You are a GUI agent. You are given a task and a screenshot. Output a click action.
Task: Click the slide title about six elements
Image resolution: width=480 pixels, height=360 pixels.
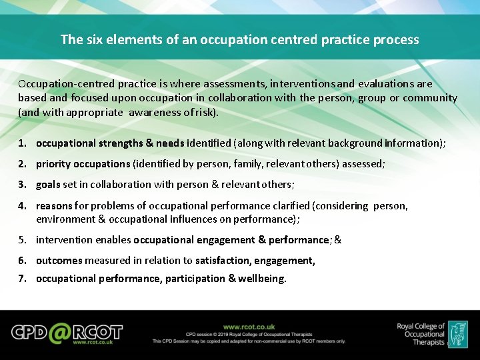tap(240, 39)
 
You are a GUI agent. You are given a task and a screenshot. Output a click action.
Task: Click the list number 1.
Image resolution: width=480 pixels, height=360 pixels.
tap(22, 143)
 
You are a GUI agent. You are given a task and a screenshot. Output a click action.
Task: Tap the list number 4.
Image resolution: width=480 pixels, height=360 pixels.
tap(22, 206)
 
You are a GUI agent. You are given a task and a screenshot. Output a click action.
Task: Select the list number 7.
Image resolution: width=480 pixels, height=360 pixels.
tap(22, 279)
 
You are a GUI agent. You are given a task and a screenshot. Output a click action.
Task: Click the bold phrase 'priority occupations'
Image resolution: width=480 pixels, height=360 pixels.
tap(83, 164)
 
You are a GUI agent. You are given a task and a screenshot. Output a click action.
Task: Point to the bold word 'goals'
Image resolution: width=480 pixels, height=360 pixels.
tap(48, 185)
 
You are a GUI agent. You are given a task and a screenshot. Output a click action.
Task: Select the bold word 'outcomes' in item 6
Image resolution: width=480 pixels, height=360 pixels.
tap(59, 261)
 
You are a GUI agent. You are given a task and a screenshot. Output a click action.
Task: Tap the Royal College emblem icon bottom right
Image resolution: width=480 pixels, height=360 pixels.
tap(457, 333)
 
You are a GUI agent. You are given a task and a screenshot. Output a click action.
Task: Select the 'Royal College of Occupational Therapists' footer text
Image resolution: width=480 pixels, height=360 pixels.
tap(420, 334)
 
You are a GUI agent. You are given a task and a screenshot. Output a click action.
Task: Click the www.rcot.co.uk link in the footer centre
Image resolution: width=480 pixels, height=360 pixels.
tap(249, 327)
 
